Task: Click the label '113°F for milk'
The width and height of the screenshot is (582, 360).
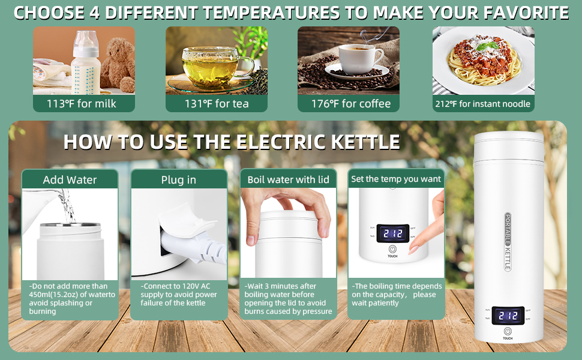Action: pyautogui.click(x=82, y=104)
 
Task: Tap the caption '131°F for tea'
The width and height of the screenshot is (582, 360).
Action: pyautogui.click(x=217, y=104)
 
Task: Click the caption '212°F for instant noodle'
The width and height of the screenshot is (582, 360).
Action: pyautogui.click(x=483, y=104)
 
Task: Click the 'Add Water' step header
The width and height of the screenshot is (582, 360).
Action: pyautogui.click(x=70, y=179)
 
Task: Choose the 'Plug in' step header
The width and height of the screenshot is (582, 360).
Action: pyautogui.click(x=178, y=179)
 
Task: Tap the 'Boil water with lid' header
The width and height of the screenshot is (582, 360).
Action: pyautogui.click(x=289, y=179)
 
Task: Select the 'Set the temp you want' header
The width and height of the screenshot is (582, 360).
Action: pyautogui.click(x=396, y=179)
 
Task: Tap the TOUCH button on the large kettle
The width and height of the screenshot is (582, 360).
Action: pyautogui.click(x=508, y=332)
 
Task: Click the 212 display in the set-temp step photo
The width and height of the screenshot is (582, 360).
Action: pyautogui.click(x=392, y=233)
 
